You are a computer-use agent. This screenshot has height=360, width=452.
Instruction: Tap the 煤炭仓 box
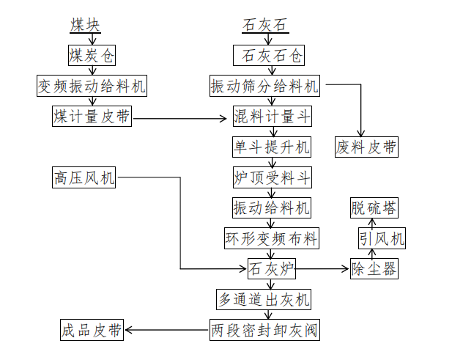92,56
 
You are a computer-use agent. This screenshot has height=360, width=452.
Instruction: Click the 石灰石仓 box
268,56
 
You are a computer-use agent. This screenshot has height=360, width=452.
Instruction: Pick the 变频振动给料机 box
92,86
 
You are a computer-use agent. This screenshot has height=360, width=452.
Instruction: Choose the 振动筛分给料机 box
264,86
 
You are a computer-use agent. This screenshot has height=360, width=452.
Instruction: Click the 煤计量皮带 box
92,117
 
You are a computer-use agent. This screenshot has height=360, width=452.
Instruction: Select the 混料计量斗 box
272,117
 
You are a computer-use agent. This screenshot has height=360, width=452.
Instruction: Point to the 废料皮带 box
367,147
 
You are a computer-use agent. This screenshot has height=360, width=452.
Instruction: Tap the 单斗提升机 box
272,147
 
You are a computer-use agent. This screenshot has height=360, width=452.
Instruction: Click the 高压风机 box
84,177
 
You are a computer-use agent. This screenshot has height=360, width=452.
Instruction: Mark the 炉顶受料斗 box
272,177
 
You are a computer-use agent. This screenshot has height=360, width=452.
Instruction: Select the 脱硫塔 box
374,207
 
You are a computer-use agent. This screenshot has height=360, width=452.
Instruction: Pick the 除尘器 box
374,268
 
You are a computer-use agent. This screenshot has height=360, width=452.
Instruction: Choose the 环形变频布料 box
272,238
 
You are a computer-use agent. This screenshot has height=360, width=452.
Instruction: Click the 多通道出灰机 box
264,299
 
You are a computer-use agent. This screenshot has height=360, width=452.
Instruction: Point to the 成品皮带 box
92,330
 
